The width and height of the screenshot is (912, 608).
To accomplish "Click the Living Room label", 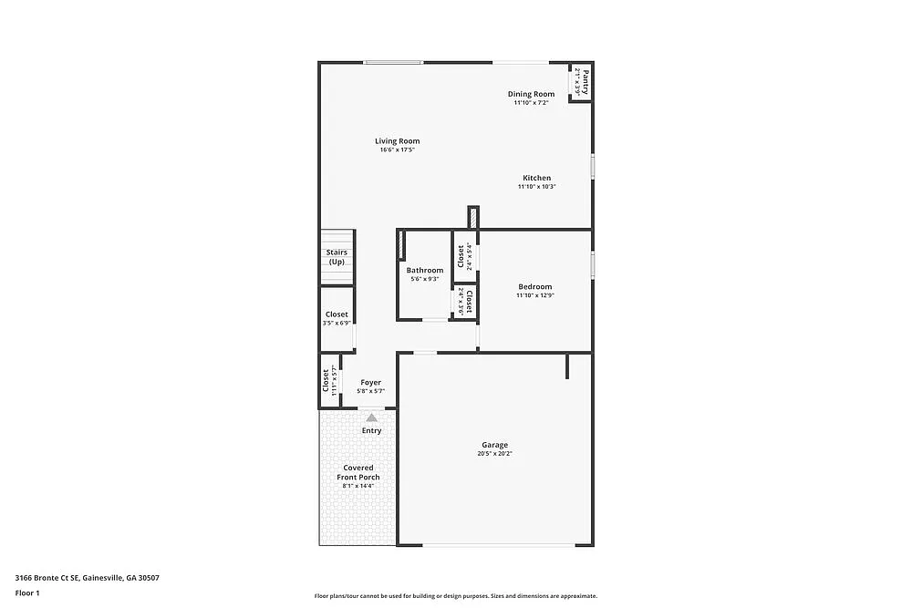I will coord(398,141).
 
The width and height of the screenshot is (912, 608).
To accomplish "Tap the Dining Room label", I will coord(531,94).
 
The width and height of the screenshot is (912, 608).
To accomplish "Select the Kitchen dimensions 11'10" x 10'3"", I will coord(536,187).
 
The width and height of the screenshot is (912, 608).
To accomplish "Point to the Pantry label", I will coord(586,82).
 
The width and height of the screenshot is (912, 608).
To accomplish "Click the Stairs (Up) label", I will coord(337,257).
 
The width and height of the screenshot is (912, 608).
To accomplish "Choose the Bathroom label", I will coord(425,270).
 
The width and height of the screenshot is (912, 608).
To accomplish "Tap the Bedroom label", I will coord(534,286).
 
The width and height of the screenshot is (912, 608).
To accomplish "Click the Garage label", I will coord(495,445).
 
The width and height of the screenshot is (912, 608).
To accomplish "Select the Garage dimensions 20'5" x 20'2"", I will coord(495,454).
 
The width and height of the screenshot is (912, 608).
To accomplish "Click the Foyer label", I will coord(370,383).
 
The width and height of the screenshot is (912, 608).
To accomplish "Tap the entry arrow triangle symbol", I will coord(371,417).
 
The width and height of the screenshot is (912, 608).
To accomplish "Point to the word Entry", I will coord(371,430).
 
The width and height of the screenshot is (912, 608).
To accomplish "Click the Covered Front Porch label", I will coord(358,472).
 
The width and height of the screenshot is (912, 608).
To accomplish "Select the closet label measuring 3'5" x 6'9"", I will coord(337,314).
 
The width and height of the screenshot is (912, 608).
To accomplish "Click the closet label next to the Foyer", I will coord(326,379).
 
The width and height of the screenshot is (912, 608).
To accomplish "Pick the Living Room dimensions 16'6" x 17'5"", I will coord(398,150).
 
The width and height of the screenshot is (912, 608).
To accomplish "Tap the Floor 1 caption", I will coord(27,593).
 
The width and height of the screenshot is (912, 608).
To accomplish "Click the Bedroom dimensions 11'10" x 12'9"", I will coord(534,295).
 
